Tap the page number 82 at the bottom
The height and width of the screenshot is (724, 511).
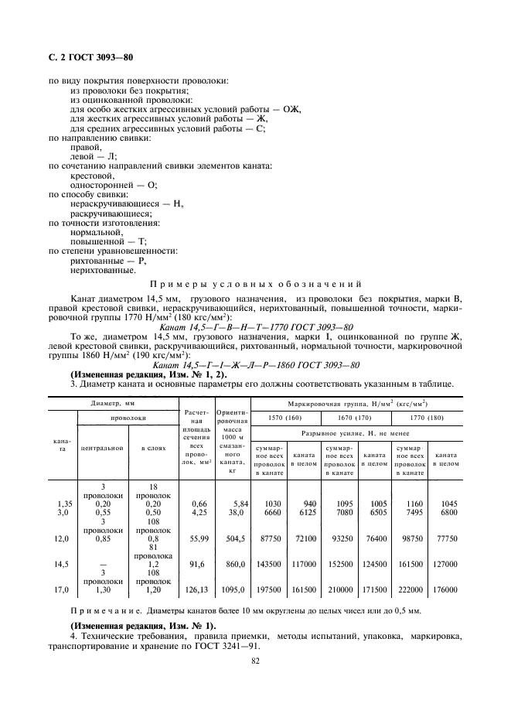[255, 660]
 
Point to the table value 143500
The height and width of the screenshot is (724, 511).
[271, 564]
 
